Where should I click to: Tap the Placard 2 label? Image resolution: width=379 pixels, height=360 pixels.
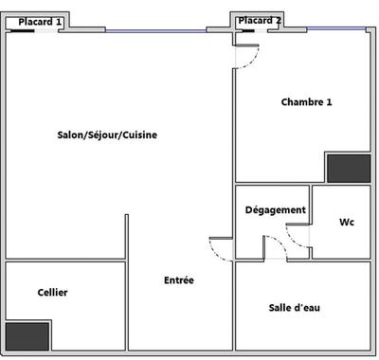point(259,20)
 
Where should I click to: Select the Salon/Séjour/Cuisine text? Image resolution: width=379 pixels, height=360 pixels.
point(107,135)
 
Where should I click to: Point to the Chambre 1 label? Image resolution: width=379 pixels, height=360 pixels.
point(306,101)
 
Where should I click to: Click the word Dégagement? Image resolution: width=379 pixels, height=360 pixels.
point(275,209)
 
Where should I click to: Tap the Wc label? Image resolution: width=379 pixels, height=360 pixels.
point(346,223)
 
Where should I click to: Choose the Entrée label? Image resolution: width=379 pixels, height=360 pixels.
point(179,280)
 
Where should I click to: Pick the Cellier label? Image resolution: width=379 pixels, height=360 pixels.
point(52,293)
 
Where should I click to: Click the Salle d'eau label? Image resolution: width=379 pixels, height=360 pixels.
point(295,308)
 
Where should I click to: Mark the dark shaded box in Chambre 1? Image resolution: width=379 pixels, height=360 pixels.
point(348,168)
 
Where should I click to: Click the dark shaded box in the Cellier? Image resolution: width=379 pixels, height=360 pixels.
point(27,335)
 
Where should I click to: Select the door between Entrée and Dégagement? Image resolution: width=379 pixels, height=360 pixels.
point(221,248)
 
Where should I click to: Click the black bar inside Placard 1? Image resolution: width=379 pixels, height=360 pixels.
point(22,30)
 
